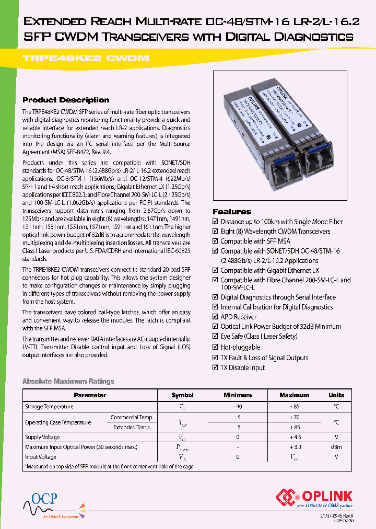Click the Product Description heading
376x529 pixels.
point(66,100)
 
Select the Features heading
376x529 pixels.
point(232,212)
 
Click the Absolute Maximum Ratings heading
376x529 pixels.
point(68,382)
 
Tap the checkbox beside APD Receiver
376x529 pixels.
point(216,317)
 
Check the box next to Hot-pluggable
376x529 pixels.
point(216,348)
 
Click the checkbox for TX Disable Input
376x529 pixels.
point(216,368)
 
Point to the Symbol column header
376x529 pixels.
point(182,395)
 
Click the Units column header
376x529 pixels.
point(336,395)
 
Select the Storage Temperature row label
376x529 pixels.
point(49,407)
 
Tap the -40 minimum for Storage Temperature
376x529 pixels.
point(238,407)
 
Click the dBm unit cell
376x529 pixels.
point(336,447)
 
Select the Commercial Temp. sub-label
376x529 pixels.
point(132,417)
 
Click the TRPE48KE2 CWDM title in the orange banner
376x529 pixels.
point(86,59)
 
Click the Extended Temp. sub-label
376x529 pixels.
point(134,427)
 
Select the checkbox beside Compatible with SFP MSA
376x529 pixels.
point(216,241)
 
